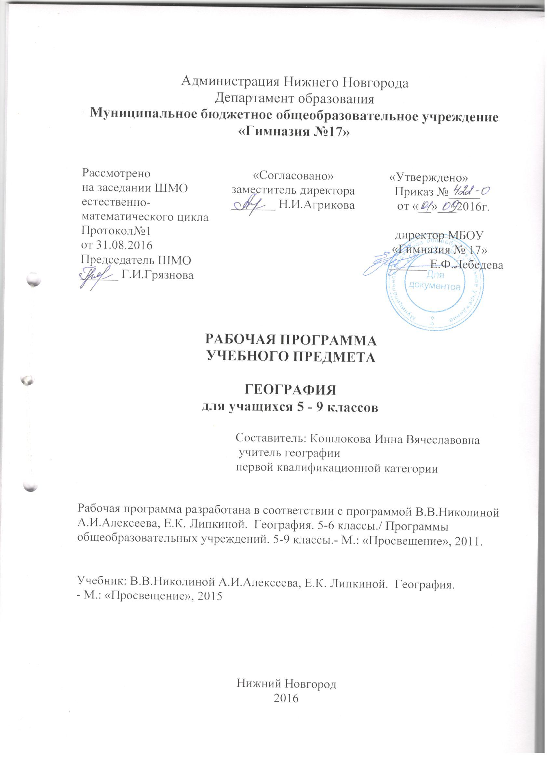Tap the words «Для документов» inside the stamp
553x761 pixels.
[436, 281]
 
